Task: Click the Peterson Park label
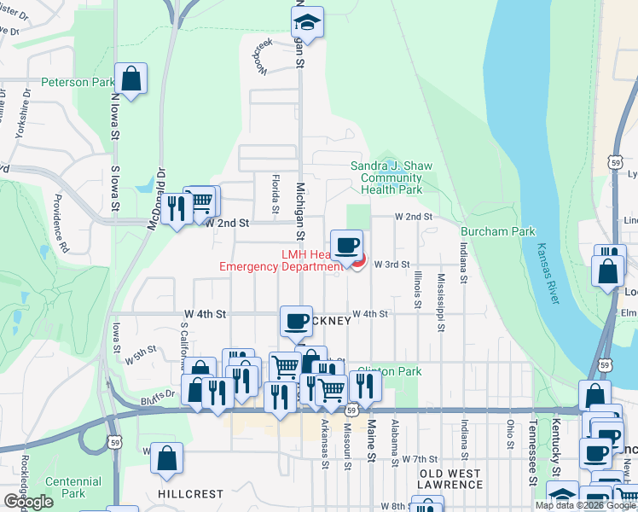point(78,84)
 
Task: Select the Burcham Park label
point(497,231)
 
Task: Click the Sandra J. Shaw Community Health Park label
point(391,177)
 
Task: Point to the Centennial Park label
point(73,487)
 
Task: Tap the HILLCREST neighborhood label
point(189,494)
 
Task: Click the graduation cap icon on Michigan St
point(307,22)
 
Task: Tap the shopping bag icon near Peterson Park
point(132,79)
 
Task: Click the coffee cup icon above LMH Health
point(346,246)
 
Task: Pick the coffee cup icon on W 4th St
point(297,321)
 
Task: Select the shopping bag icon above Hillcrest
point(166,457)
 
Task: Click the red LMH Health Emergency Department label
point(274,260)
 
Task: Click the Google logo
point(28,502)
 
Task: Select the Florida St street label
point(275,195)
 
